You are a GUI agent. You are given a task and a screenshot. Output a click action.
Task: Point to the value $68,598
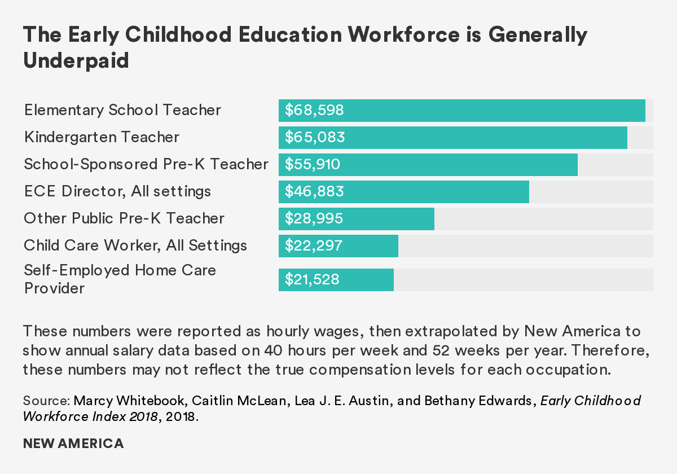coord(314,111)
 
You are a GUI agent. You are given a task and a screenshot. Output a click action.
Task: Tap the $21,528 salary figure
coord(312,280)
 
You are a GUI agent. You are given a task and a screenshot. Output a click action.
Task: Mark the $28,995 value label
coord(314,219)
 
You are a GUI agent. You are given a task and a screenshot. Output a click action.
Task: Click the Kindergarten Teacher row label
coord(102,138)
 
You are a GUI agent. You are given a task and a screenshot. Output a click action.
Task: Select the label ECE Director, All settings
coord(117,192)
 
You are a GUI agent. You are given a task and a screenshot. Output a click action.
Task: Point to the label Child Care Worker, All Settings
coord(135,246)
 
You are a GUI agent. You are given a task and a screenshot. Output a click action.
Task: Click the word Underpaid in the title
coord(76,61)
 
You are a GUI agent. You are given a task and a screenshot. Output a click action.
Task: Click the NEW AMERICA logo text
coord(73,444)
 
